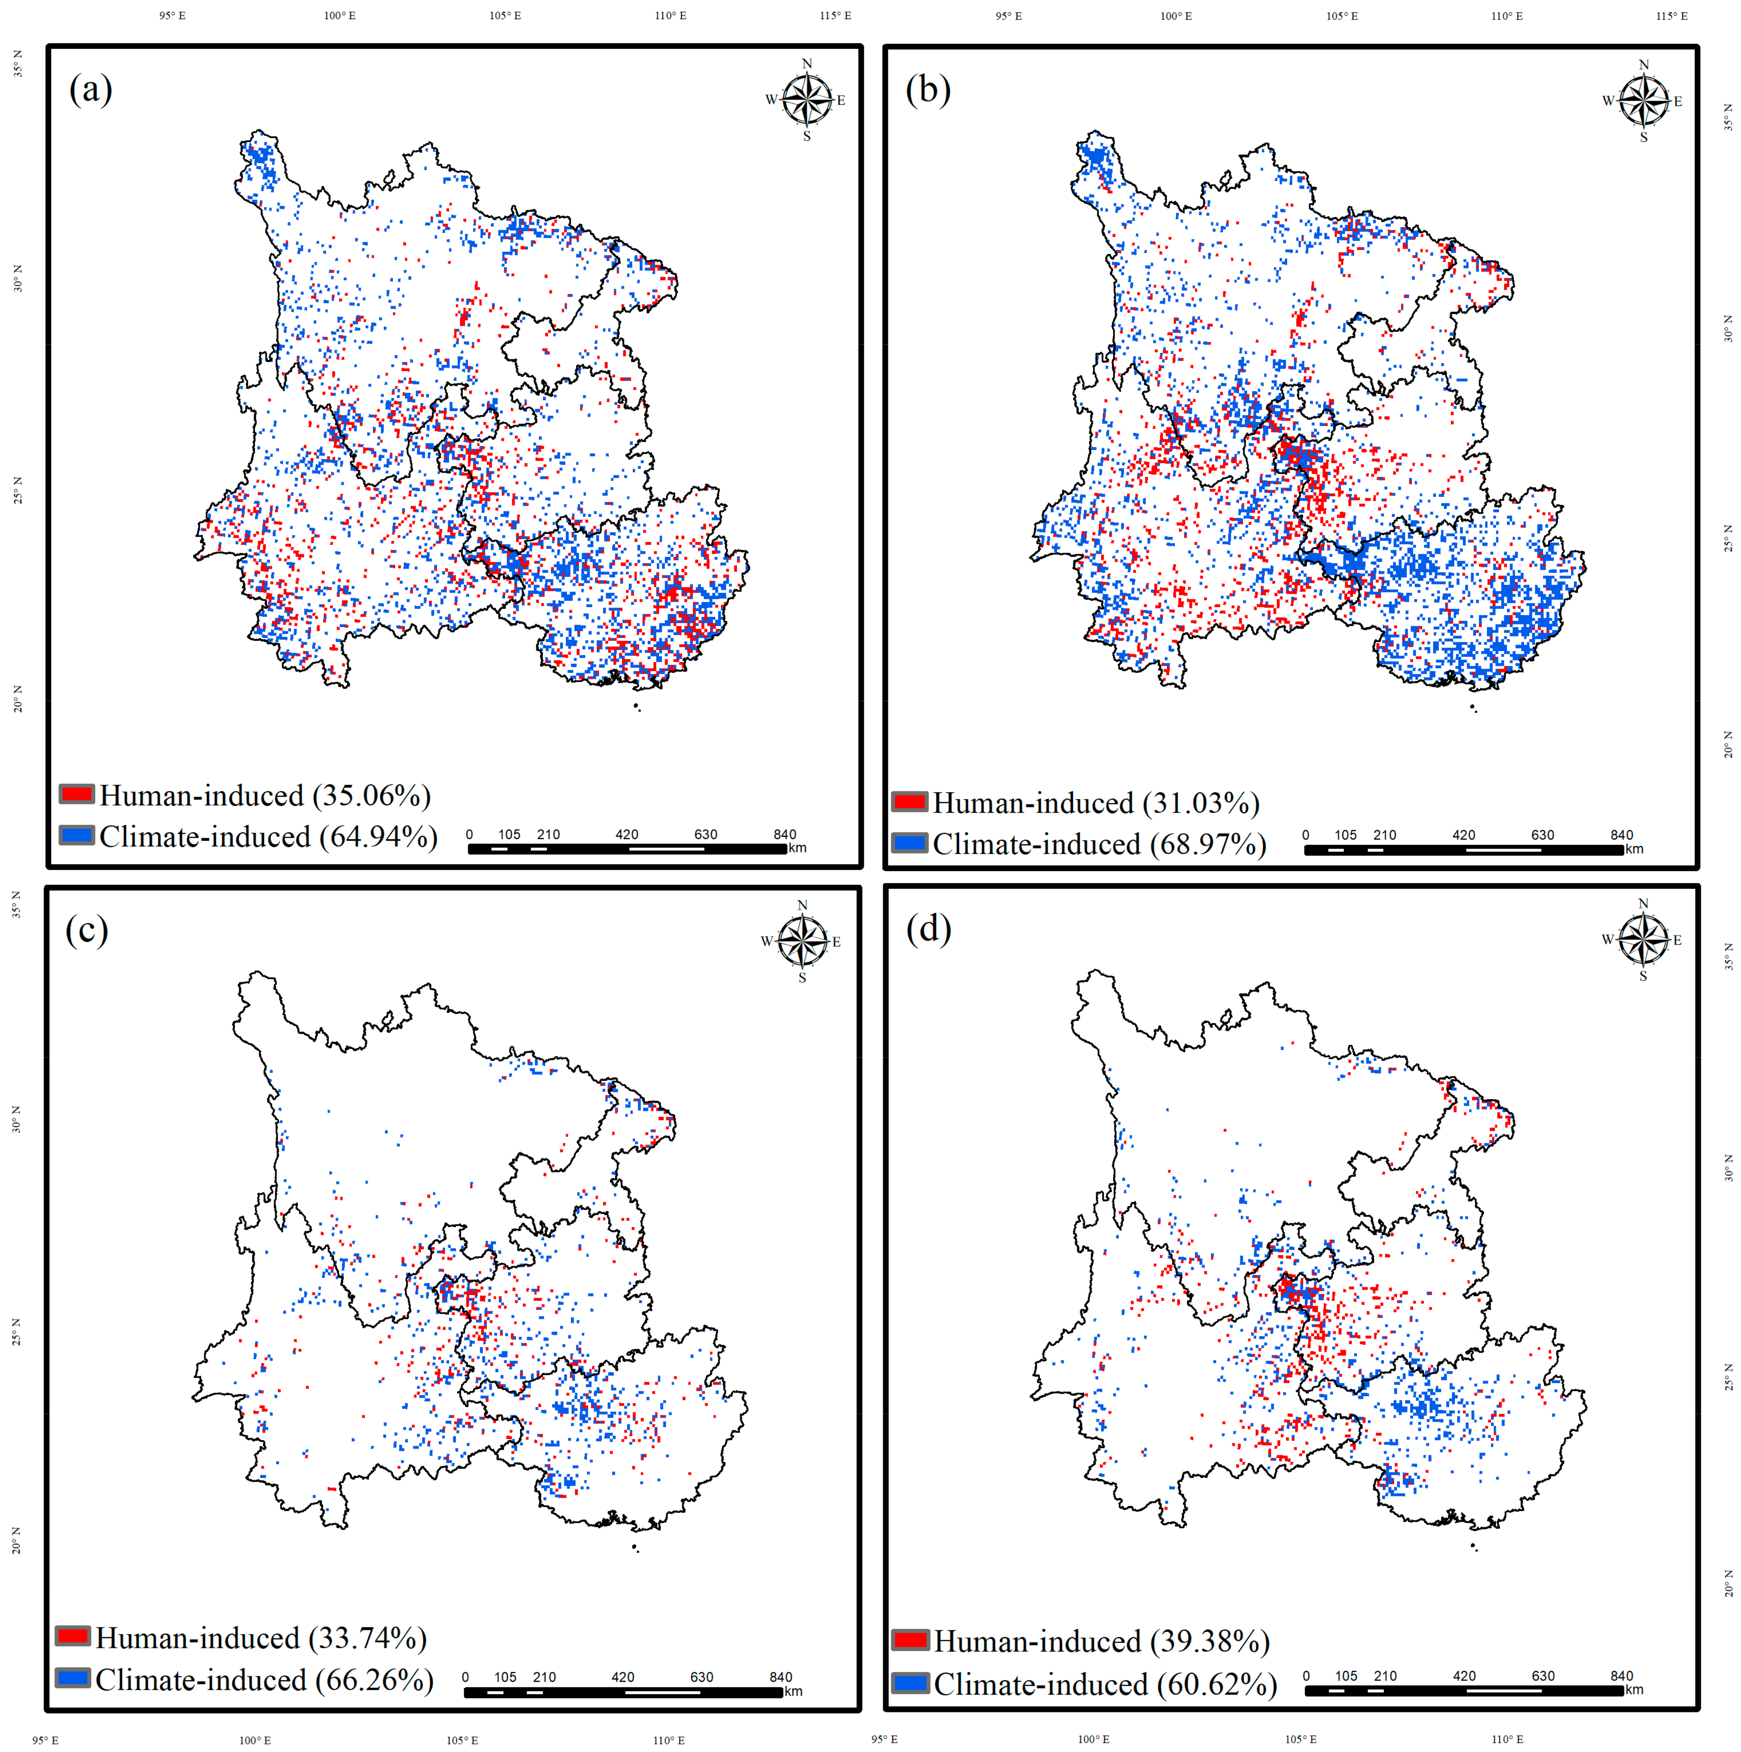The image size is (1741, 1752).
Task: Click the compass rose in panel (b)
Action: (1643, 101)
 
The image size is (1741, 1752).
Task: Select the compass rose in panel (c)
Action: (802, 941)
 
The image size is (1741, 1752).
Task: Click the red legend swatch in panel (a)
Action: (77, 795)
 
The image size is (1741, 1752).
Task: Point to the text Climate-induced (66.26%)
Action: (264, 1680)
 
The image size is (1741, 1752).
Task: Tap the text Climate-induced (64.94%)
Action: (268, 836)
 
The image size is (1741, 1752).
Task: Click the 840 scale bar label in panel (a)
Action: (784, 834)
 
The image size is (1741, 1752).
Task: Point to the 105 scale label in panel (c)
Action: (505, 1678)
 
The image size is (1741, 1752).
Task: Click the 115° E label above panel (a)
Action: (835, 16)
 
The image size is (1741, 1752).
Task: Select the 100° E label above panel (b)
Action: (1176, 16)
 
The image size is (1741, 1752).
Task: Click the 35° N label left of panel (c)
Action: (16, 904)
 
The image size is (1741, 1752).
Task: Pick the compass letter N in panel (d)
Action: (1643, 903)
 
